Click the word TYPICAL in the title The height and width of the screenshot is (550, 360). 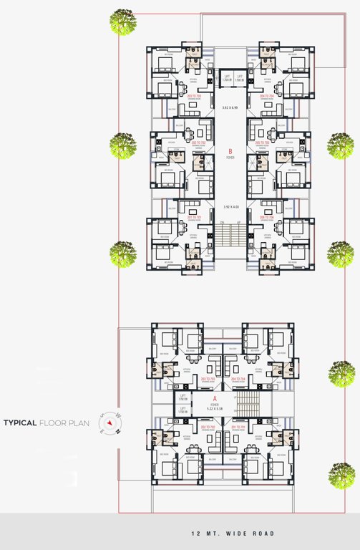click(x=19, y=423)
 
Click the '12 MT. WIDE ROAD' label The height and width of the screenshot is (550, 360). click(x=233, y=534)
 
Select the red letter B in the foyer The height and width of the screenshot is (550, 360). click(x=230, y=151)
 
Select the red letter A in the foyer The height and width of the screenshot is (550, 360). click(x=214, y=397)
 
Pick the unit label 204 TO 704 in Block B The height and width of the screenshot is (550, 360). click(x=266, y=95)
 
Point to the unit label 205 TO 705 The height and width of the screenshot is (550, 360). click(x=266, y=143)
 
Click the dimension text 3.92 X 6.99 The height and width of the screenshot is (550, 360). click(x=230, y=108)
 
